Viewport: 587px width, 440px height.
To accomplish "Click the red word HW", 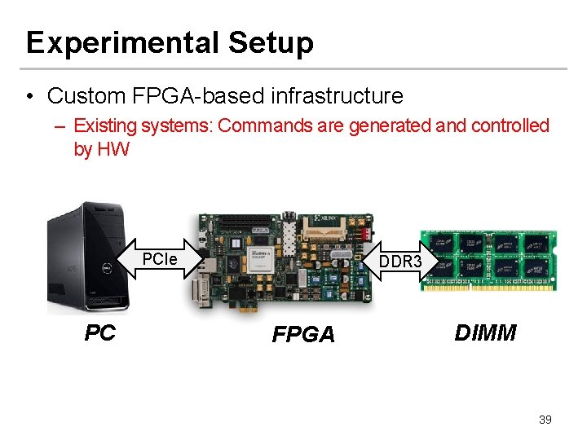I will click(x=113, y=150).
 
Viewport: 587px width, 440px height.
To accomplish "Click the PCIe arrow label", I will click(x=160, y=260).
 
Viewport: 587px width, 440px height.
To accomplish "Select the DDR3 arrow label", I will click(x=401, y=262).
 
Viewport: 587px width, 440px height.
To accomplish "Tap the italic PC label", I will click(x=100, y=332).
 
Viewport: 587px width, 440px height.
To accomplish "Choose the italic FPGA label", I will click(x=303, y=335).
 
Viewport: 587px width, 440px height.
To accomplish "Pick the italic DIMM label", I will click(x=485, y=332).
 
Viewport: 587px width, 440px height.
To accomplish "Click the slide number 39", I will click(x=545, y=420).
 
